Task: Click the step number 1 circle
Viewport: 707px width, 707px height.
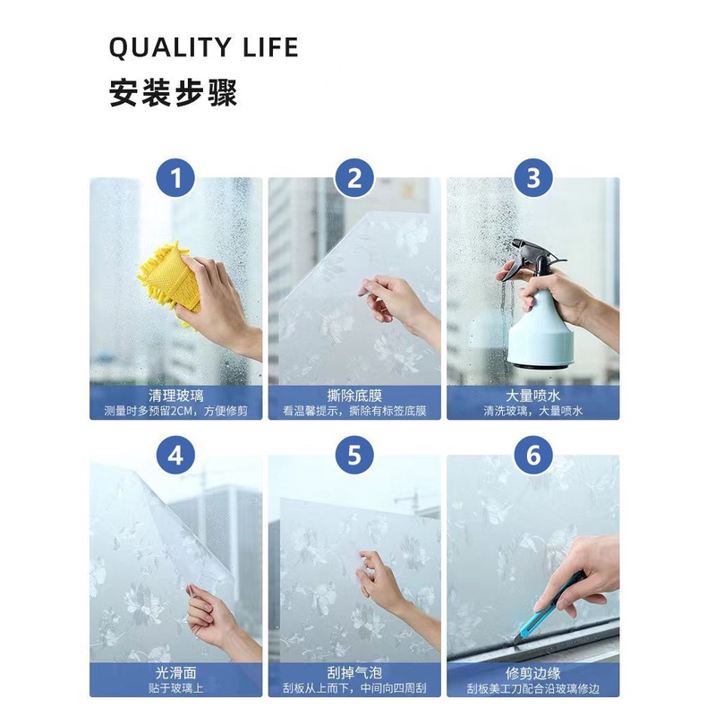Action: [175, 178]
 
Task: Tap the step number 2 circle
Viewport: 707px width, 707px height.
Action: [354, 178]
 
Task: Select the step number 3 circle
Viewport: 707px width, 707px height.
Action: [533, 178]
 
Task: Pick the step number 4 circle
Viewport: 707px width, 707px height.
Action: [175, 455]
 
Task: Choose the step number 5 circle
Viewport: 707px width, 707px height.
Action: [354, 455]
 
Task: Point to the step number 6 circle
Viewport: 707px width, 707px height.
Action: [533, 455]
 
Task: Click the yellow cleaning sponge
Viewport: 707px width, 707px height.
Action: [169, 282]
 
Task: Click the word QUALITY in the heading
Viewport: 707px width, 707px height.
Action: [170, 47]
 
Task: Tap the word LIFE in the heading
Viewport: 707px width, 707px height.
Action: [270, 47]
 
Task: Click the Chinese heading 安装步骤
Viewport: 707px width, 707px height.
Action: [173, 93]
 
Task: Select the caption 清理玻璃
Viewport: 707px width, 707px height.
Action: [175, 396]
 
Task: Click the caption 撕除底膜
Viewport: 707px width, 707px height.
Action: [354, 396]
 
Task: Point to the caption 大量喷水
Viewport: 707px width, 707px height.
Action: [533, 396]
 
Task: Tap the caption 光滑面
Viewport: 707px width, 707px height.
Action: [175, 673]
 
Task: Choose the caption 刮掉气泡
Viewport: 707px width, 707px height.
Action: [354, 673]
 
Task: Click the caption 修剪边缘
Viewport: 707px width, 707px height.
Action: [533, 673]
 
